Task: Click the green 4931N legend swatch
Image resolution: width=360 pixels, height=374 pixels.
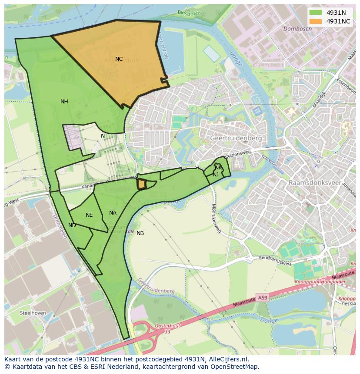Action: (x=316, y=13)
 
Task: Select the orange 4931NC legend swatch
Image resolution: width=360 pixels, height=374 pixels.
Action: (x=316, y=21)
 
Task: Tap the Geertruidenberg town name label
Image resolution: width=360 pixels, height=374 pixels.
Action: (x=236, y=138)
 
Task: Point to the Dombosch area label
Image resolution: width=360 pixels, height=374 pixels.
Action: (x=297, y=29)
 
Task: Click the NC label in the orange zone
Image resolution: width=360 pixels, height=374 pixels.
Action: (x=119, y=59)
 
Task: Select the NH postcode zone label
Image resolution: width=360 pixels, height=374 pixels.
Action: (x=64, y=102)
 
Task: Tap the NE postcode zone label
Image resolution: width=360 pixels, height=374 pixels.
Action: (x=89, y=215)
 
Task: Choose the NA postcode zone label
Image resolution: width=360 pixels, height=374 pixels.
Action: (x=113, y=213)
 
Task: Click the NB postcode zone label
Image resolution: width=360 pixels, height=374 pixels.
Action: (x=140, y=233)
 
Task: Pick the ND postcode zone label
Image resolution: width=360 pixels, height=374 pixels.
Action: (x=72, y=225)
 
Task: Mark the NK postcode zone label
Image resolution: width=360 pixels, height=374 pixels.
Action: (x=218, y=168)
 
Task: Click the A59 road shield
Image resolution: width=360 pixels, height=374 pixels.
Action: (x=262, y=298)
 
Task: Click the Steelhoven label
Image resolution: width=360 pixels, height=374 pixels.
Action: (x=33, y=313)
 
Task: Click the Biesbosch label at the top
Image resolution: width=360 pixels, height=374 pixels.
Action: (x=189, y=13)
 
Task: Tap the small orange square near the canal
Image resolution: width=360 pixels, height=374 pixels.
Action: (x=141, y=184)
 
